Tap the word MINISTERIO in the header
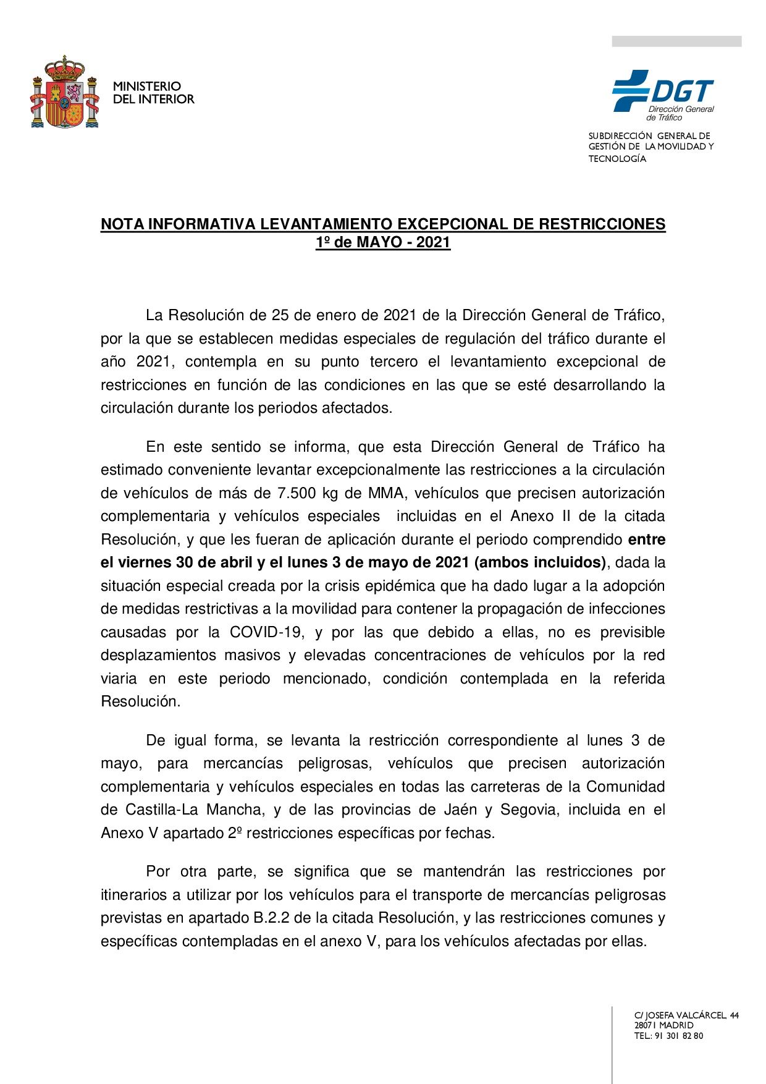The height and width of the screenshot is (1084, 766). [x=146, y=87]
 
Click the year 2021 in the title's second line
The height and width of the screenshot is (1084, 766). [x=433, y=242]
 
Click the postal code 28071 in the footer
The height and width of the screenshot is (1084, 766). [x=646, y=1025]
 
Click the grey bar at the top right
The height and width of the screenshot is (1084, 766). [x=676, y=41]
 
